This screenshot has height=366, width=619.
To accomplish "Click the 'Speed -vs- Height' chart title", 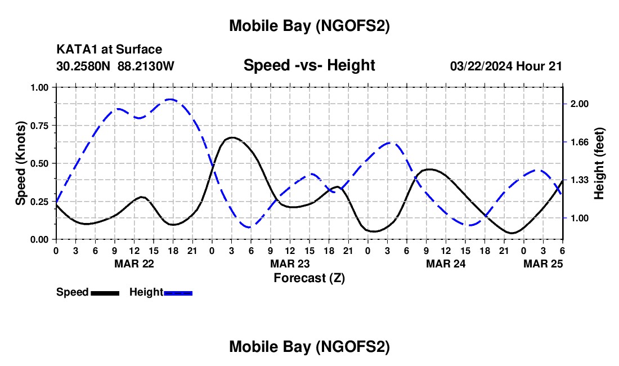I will [309, 65].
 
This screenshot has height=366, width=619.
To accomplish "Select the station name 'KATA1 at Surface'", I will [109, 50].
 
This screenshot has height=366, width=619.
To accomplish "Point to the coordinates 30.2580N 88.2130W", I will [115, 66].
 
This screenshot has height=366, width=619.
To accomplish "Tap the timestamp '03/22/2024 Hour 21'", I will [506, 66].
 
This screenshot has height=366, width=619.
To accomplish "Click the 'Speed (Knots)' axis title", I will [21, 163].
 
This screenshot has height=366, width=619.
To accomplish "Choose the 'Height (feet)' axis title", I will [599, 163].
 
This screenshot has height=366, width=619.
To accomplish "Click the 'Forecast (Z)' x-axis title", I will [309, 278].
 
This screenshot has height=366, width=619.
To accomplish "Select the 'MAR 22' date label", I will [134, 264].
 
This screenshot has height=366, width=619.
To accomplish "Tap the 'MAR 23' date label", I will [290, 264].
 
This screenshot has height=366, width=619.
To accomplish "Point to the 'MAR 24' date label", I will [446, 264].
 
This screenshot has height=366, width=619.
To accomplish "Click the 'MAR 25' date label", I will [543, 264].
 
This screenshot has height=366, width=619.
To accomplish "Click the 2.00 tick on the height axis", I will [579, 104].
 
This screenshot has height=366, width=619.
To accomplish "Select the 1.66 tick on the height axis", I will [579, 142].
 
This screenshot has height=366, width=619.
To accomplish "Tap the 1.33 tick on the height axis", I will [579, 180].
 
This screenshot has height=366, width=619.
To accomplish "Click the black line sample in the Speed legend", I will [105, 292].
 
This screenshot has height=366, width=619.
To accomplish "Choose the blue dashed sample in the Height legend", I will [178, 292].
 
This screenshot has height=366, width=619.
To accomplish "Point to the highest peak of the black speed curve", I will [231, 137].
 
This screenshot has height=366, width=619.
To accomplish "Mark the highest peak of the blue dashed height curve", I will [171, 99].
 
